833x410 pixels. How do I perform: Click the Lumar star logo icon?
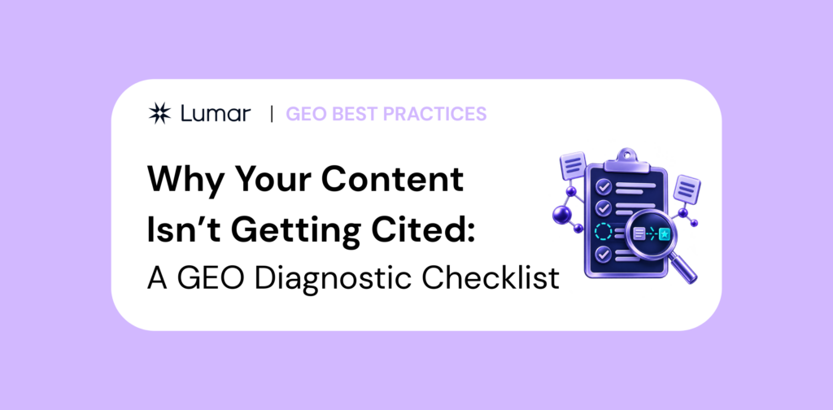[159, 113]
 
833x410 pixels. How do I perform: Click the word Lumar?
[215, 113]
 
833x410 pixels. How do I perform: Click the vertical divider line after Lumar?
[272, 114]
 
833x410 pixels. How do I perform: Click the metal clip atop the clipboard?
[627, 159]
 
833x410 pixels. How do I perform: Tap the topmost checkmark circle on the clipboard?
[603, 186]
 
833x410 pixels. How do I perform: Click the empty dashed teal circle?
[603, 232]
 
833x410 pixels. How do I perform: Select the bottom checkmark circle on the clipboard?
[603, 253]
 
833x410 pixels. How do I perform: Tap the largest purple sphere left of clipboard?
[561, 215]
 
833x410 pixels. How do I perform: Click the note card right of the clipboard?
[687, 190]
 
